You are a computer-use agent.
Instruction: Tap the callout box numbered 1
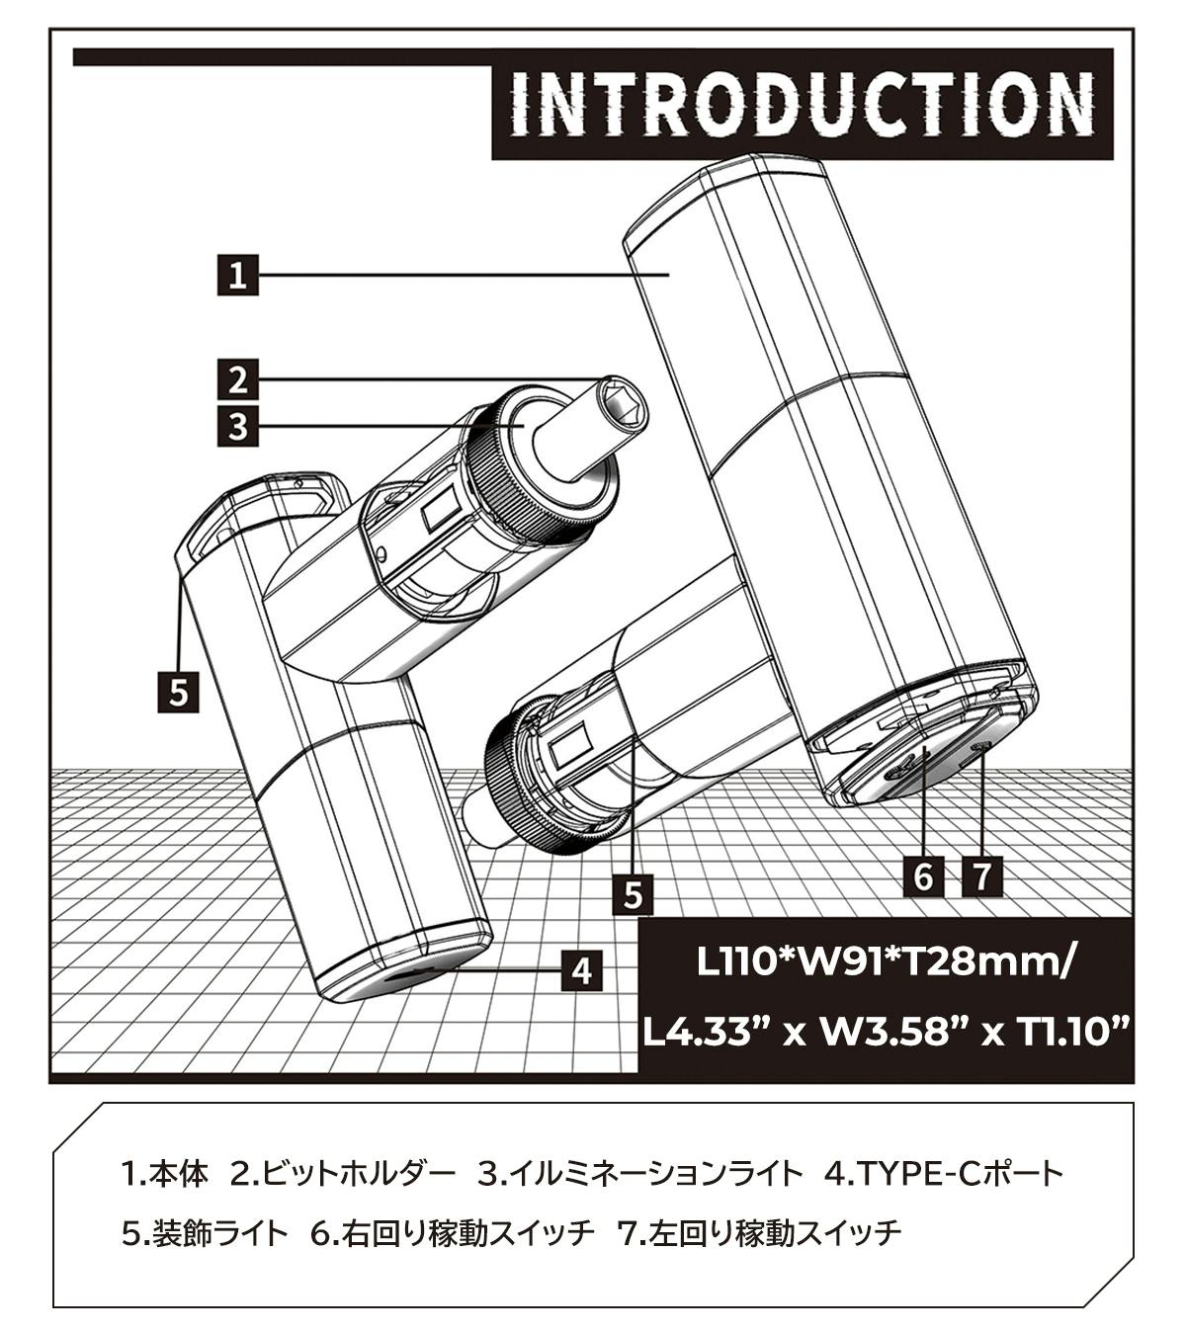237,275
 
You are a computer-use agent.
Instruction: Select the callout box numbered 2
237,378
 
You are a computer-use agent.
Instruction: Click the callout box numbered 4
582,970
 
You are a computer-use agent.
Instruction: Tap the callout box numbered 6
923,875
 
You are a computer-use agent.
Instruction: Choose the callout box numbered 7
981,875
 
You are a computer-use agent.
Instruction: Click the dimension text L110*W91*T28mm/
883,961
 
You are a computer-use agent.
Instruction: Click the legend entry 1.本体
164,1175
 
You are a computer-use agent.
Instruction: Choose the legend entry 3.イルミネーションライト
639,1175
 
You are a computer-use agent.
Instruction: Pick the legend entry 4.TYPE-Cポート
943,1175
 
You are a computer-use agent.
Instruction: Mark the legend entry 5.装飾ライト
205,1232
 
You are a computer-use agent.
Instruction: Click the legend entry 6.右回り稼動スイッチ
453,1232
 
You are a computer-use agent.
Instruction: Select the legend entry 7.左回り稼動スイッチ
759,1232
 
